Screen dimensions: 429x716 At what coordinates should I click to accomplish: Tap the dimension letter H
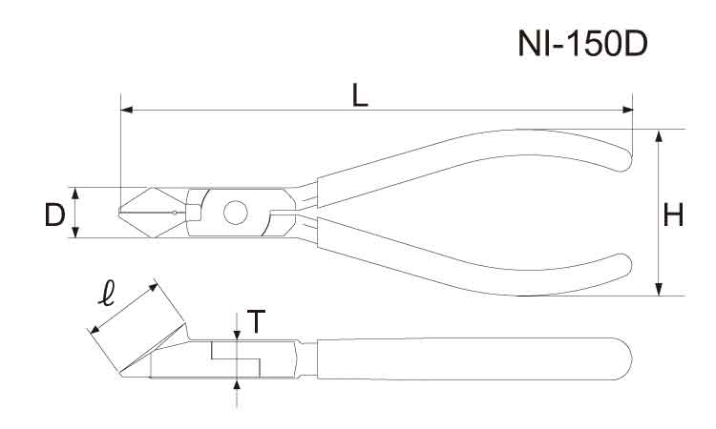click(x=674, y=216)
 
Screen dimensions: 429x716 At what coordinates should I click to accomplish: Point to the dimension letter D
click(x=54, y=215)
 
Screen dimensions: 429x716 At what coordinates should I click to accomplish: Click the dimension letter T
click(x=254, y=324)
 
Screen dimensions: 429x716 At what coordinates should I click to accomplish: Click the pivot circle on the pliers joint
click(x=233, y=213)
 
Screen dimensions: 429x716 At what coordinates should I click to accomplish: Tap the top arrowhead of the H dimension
click(x=659, y=134)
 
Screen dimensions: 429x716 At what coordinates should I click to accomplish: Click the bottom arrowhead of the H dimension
click(x=659, y=290)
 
